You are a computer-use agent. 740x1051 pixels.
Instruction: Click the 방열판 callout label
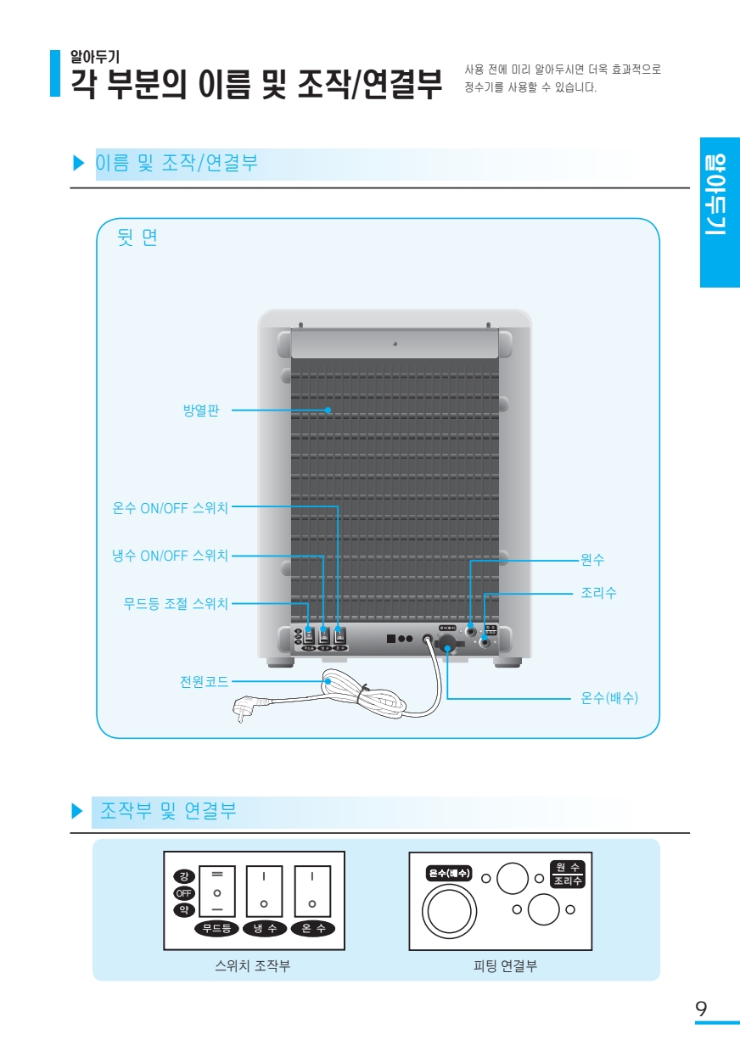201,411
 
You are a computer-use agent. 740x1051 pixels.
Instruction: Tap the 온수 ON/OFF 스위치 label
171,508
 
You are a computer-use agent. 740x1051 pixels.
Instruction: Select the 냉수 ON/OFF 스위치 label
171,556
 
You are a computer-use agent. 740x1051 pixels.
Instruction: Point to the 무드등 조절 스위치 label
176,604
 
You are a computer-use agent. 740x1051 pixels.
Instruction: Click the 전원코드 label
204,681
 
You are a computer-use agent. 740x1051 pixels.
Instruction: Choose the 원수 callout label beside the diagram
592,560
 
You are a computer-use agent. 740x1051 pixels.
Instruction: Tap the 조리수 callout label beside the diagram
598,593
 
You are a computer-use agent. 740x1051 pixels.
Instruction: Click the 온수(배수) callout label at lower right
609,698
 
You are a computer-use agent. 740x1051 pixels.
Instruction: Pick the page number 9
701,1009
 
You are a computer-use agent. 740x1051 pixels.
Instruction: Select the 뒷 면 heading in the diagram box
137,238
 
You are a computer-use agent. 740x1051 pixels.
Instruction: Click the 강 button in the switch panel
184,875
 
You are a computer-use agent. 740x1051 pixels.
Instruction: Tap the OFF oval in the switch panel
184,893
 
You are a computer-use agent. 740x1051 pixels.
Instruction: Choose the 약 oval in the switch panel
184,910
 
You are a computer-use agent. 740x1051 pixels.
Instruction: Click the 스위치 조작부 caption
252,965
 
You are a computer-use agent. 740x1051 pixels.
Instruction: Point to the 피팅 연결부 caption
505,965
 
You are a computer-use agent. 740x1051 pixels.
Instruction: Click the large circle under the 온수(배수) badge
449,913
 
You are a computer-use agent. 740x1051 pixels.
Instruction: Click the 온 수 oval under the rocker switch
312,928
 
